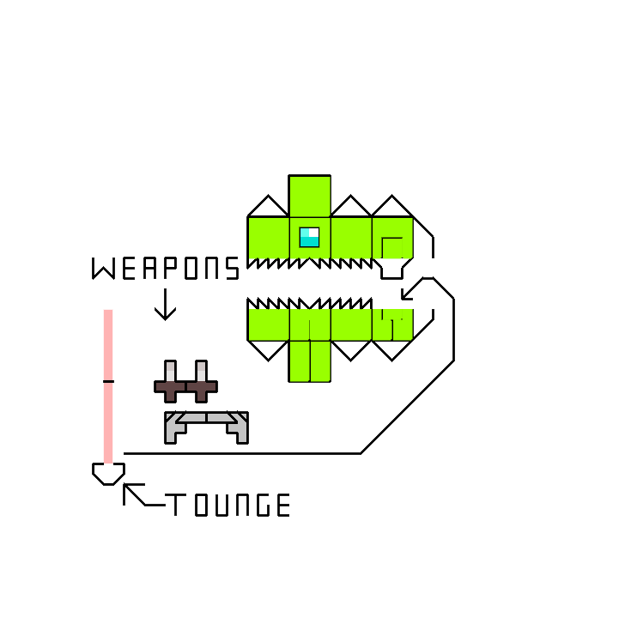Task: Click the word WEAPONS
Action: click(166, 269)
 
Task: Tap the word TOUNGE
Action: click(228, 506)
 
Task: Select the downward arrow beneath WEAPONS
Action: click(165, 305)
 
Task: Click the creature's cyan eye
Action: click(309, 237)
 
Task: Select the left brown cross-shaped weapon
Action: click(170, 385)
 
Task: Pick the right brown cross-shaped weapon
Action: click(201, 385)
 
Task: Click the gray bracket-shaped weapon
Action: click(206, 424)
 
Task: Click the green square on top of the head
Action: click(309, 196)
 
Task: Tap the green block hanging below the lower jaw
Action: click(309, 360)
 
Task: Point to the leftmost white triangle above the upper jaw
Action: click(268, 208)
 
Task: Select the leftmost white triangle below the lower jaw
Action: click(268, 348)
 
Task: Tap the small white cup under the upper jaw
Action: click(391, 268)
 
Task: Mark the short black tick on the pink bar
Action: click(108, 381)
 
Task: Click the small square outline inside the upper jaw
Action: click(391, 247)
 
